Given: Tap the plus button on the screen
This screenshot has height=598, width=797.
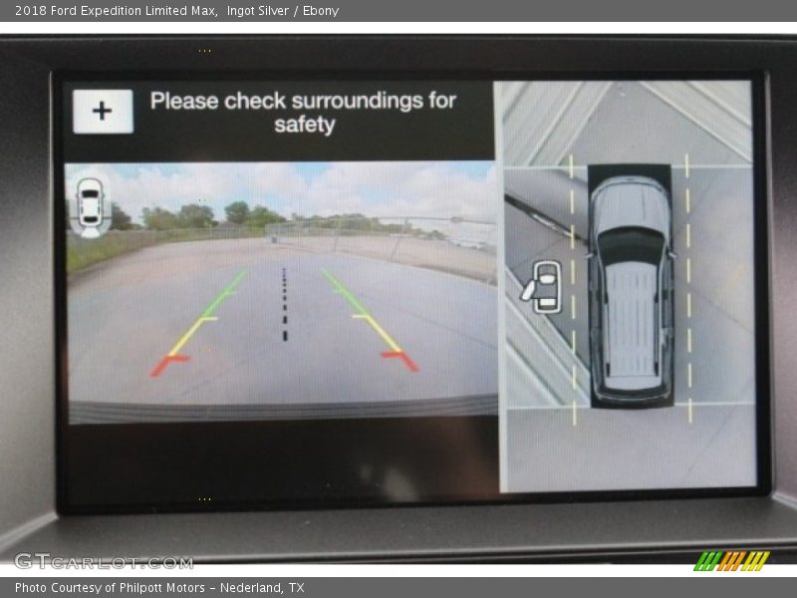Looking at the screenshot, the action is [104, 112].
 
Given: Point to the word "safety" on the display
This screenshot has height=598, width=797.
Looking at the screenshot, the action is [305, 126].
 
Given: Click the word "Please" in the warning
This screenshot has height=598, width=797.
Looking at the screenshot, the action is [184, 101].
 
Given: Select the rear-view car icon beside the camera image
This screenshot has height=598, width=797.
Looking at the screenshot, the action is [91, 207].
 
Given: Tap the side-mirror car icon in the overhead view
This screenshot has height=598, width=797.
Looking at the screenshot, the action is [542, 287].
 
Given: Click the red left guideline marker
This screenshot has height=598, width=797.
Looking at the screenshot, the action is [169, 364].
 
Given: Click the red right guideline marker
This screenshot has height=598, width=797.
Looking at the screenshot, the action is [400, 360].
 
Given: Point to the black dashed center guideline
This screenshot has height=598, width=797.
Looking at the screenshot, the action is [284, 304].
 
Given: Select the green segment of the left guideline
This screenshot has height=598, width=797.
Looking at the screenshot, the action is [223, 294].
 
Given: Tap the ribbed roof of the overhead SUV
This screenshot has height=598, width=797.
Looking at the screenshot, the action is [632, 320].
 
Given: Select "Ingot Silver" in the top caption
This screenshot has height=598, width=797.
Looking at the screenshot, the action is [258, 11].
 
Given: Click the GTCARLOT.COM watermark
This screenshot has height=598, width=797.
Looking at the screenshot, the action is [104, 562].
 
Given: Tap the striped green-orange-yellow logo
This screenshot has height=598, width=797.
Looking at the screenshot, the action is [731, 561].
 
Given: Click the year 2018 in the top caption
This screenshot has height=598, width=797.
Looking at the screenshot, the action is [31, 11].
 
